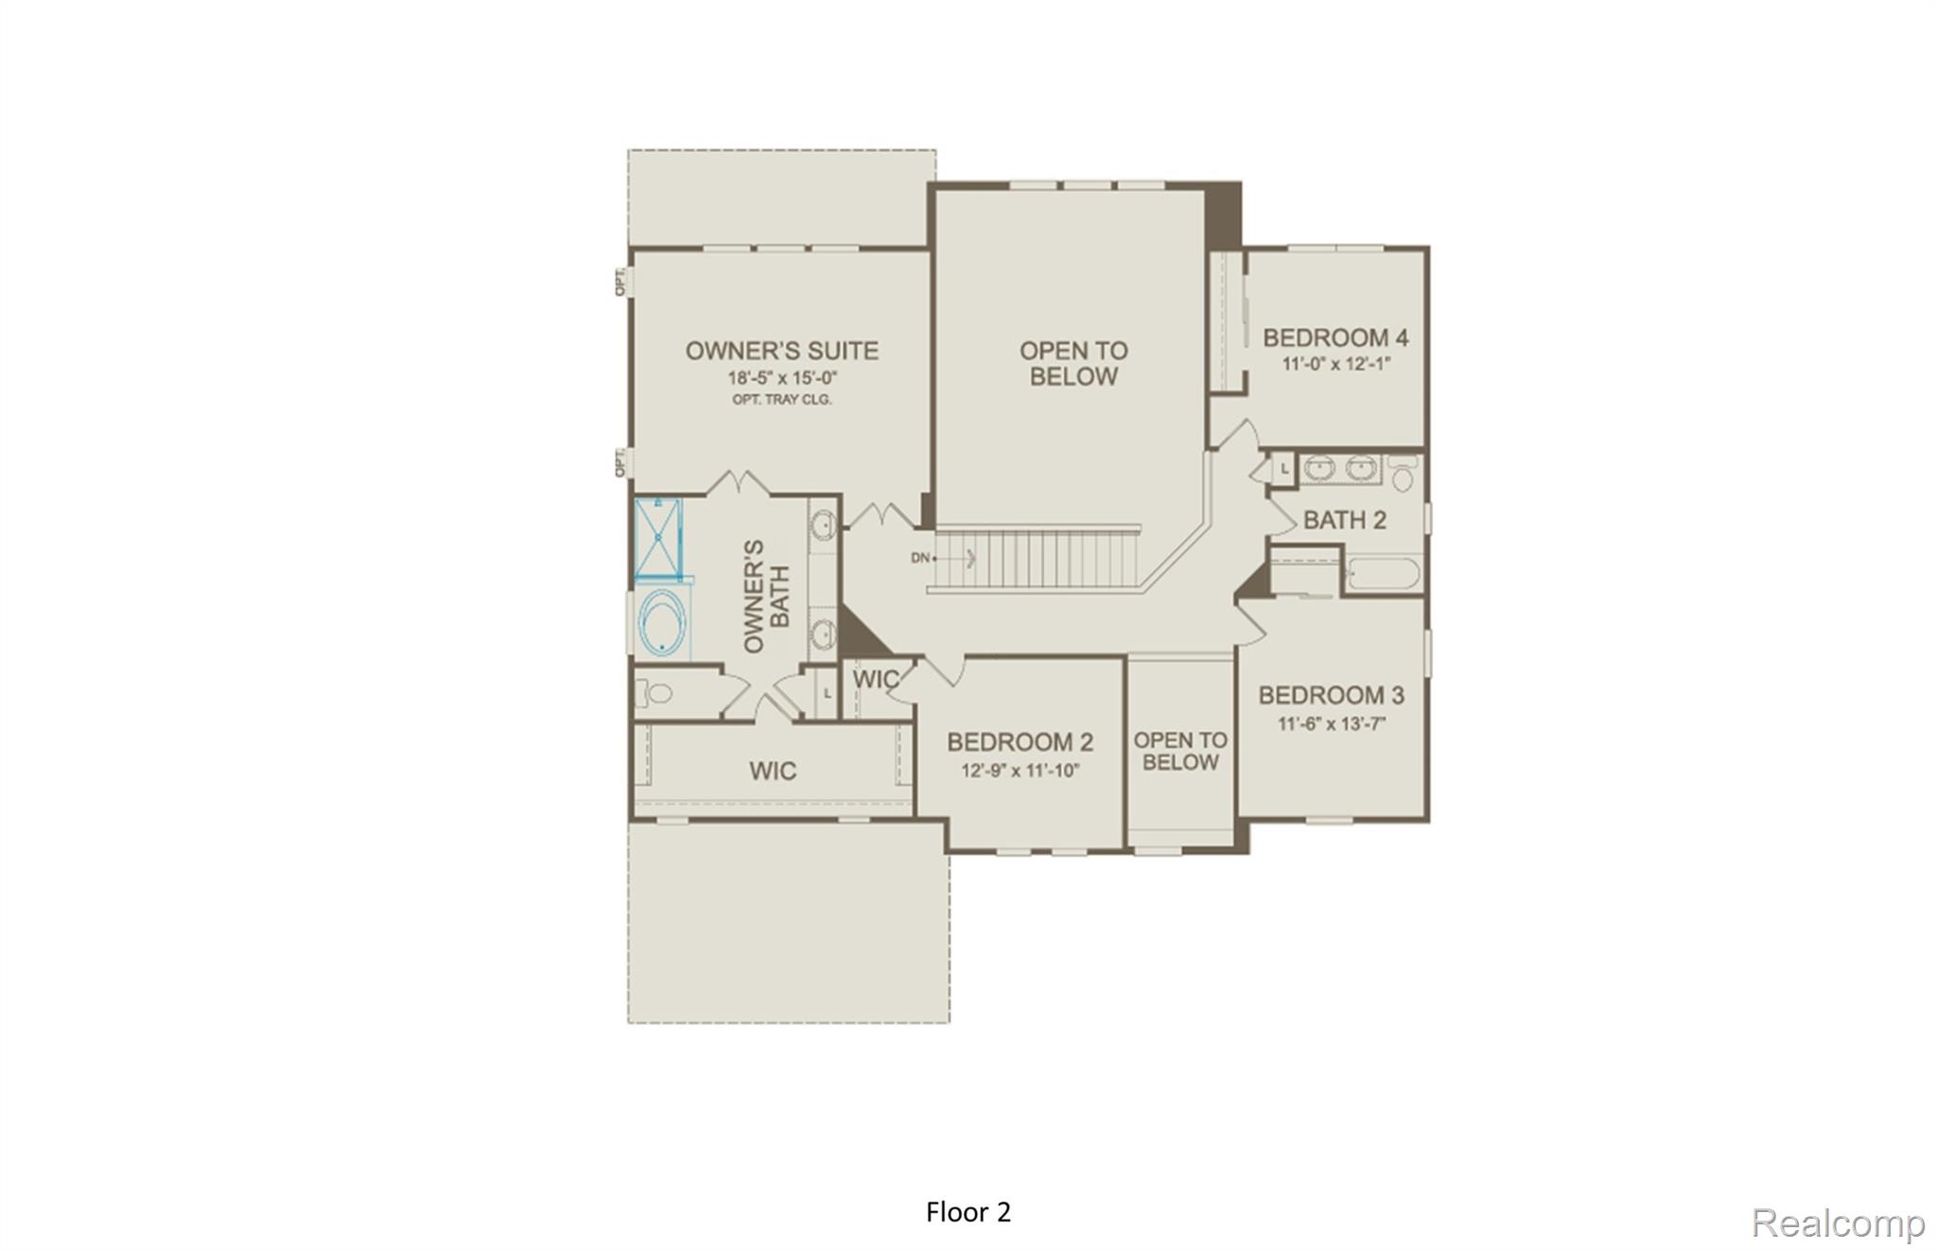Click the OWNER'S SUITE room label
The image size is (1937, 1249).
[x=781, y=351]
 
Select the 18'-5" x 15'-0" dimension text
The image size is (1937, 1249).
[x=781, y=378]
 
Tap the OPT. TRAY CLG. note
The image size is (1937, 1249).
[x=781, y=400]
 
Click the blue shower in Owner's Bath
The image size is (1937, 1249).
[x=658, y=538]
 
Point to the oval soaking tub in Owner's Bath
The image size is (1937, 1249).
[x=662, y=624]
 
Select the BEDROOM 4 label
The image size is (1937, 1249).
[x=1335, y=338]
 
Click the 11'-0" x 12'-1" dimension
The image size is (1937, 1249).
[x=1335, y=364]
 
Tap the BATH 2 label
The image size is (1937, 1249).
[x=1344, y=520]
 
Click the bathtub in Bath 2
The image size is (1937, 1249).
[x=1383, y=574]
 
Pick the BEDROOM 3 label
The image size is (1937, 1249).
[x=1331, y=696]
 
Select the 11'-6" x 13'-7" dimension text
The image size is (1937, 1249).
[x=1331, y=724]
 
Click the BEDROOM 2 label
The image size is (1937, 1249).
[x=1020, y=742]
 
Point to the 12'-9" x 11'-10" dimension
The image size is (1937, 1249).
[x=1020, y=771]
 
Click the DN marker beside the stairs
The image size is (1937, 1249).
[x=920, y=558]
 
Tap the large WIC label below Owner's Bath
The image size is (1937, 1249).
[x=773, y=771]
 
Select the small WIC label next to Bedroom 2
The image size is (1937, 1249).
[x=875, y=680]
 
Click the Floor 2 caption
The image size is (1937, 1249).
[x=968, y=1212]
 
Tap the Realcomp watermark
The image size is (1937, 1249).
[x=1838, y=1223]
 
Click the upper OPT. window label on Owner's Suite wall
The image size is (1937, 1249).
[x=620, y=281]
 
